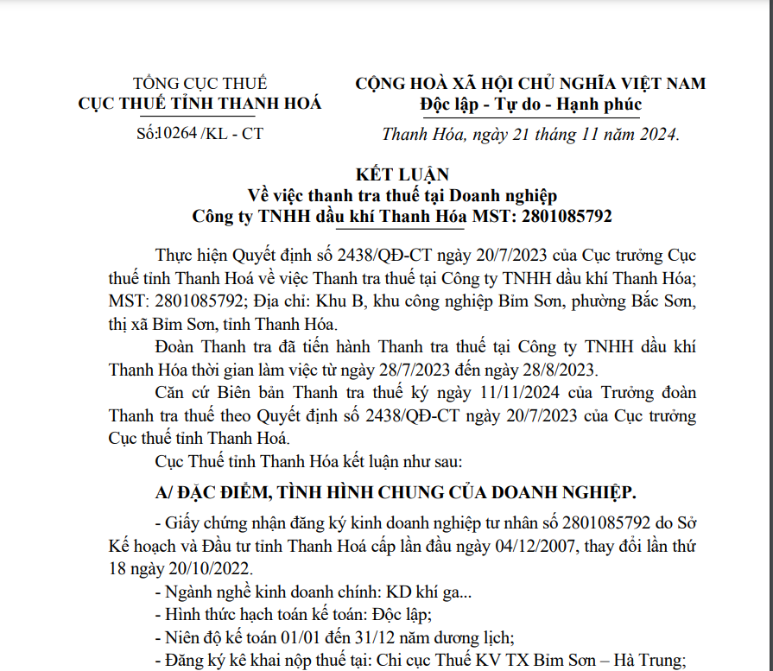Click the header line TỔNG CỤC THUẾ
200,84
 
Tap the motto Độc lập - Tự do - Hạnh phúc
530,104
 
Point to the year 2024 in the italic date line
657,134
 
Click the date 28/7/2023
434,370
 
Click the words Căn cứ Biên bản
214,393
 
